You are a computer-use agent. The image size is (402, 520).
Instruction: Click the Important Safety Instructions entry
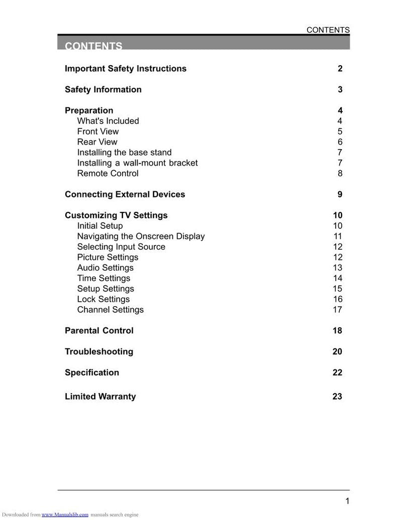[x=126, y=69]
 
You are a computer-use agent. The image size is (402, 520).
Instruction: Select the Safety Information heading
[x=103, y=90]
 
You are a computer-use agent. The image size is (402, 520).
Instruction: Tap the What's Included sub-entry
[x=108, y=121]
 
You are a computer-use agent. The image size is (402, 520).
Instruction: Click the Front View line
[x=98, y=132]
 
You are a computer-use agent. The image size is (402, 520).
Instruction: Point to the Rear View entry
[x=97, y=142]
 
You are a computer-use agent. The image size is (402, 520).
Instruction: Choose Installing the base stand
[x=124, y=153]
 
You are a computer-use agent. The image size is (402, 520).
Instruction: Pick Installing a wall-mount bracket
[x=137, y=163]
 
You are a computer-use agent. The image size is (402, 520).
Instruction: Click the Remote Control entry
[x=108, y=174]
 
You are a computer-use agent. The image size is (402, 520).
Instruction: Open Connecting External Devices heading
[x=125, y=195]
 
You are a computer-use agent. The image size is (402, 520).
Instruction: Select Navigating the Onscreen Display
[x=141, y=236]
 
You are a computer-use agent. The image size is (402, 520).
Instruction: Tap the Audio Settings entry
[x=105, y=268]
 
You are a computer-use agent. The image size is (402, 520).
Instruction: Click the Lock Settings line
[x=103, y=300]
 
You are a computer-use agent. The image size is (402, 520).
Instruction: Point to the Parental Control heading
[x=99, y=331]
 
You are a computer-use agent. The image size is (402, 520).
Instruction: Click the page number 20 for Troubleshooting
[x=337, y=352]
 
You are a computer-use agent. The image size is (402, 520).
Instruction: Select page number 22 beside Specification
[x=337, y=373]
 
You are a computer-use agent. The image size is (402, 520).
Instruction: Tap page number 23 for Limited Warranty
[x=337, y=397]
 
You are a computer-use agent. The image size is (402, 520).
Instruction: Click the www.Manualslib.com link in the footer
[x=65, y=514]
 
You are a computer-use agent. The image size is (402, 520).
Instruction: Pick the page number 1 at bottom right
[x=347, y=501]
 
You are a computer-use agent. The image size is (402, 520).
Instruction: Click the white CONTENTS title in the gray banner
[x=93, y=46]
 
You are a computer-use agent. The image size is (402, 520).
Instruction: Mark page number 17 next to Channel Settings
[x=337, y=310]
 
